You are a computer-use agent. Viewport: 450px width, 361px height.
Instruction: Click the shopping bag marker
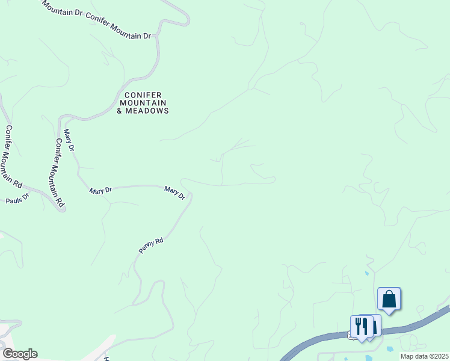389,298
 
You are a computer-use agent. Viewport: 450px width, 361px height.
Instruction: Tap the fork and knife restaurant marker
361,326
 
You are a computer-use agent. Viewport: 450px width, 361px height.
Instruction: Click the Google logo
19,354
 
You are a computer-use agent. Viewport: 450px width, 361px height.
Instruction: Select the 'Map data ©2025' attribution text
424,356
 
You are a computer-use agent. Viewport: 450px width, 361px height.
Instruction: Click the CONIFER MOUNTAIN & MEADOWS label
143,103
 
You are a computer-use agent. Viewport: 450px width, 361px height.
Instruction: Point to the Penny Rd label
151,245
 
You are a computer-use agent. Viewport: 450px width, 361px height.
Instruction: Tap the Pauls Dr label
17,199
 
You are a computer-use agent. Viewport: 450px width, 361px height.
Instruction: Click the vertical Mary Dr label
69,140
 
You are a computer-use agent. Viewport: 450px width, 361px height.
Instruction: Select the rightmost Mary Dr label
175,193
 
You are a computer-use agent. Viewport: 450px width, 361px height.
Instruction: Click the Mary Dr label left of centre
100,191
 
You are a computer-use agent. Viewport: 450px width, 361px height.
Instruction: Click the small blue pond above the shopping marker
366,274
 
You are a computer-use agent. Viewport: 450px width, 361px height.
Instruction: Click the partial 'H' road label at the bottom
106,357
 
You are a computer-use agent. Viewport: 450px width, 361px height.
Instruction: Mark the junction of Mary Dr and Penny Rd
190,194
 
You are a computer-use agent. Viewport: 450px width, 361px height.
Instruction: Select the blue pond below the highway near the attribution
390,348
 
